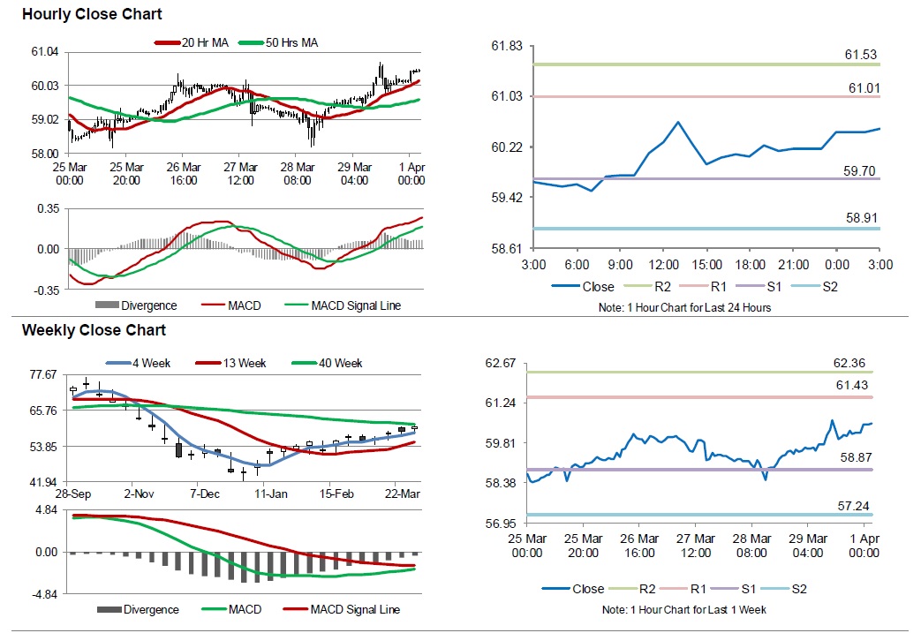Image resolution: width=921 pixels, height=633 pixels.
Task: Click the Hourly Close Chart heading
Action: click(x=92, y=15)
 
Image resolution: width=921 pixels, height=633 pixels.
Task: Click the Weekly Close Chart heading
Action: click(x=94, y=330)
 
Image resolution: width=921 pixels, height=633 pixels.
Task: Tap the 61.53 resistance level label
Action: click(x=861, y=55)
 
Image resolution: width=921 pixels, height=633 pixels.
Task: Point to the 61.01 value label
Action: click(x=864, y=87)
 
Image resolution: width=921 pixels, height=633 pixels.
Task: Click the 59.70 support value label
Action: click(x=860, y=170)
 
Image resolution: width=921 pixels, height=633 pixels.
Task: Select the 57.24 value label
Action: click(x=860, y=504)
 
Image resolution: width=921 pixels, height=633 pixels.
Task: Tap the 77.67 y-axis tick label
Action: click(x=43, y=374)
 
